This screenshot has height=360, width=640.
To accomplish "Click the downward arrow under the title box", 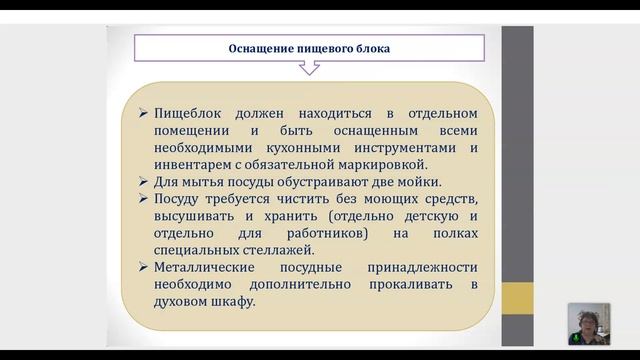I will pyautogui.click(x=310, y=68).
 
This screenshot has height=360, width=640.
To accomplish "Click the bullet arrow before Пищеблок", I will pyautogui.click(x=144, y=114).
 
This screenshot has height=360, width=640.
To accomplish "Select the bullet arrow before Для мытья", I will pyautogui.click(x=144, y=181).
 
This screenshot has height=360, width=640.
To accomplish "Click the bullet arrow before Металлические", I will pyautogui.click(x=144, y=267).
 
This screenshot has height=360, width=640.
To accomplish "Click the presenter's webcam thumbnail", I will pyautogui.click(x=589, y=323).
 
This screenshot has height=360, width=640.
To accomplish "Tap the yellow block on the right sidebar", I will pyautogui.click(x=517, y=297).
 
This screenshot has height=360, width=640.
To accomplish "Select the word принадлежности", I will pyautogui.click(x=421, y=267).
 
